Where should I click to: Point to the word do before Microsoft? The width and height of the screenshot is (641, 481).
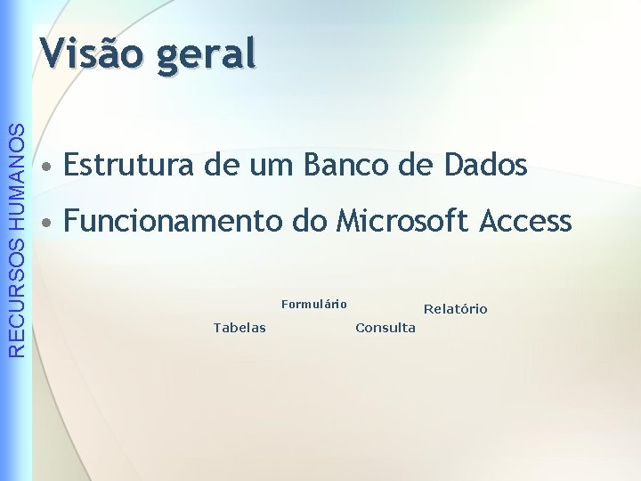click(310, 220)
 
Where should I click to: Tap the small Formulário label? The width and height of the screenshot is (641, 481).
click(313, 305)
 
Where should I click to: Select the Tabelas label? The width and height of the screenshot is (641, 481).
click(239, 328)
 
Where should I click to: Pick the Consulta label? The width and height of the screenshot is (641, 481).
click(385, 328)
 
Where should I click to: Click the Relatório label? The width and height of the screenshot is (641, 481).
click(455, 309)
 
